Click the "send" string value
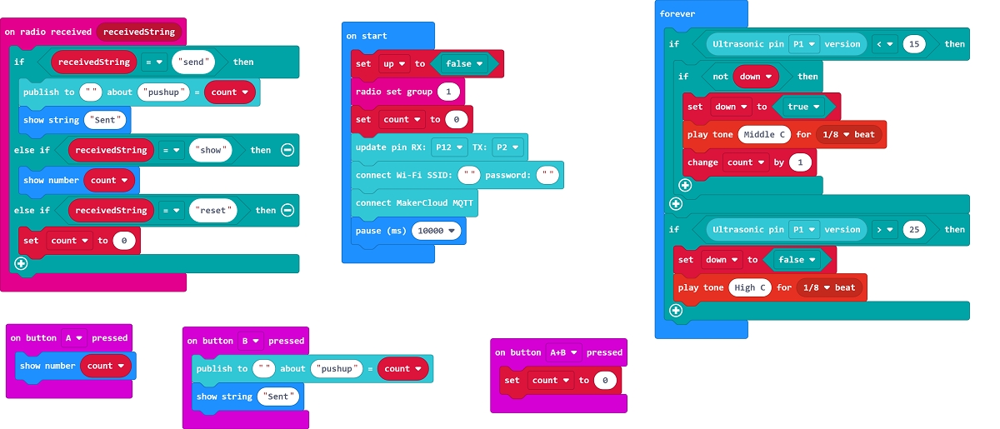coord(193,62)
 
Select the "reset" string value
coord(212,210)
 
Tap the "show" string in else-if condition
coord(210,150)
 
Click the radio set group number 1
coord(448,92)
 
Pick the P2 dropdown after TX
coord(507,147)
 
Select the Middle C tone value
coord(764,134)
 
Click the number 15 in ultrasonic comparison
coord(914,44)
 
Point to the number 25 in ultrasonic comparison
coord(914,229)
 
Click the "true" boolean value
coord(803,107)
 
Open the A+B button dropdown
coord(562,352)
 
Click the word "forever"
coord(677,14)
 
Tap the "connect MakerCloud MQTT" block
coord(414,203)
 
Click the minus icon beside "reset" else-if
coord(287,210)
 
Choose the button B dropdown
coord(251,341)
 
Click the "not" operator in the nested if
coord(719,77)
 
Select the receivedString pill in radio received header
coord(139,32)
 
